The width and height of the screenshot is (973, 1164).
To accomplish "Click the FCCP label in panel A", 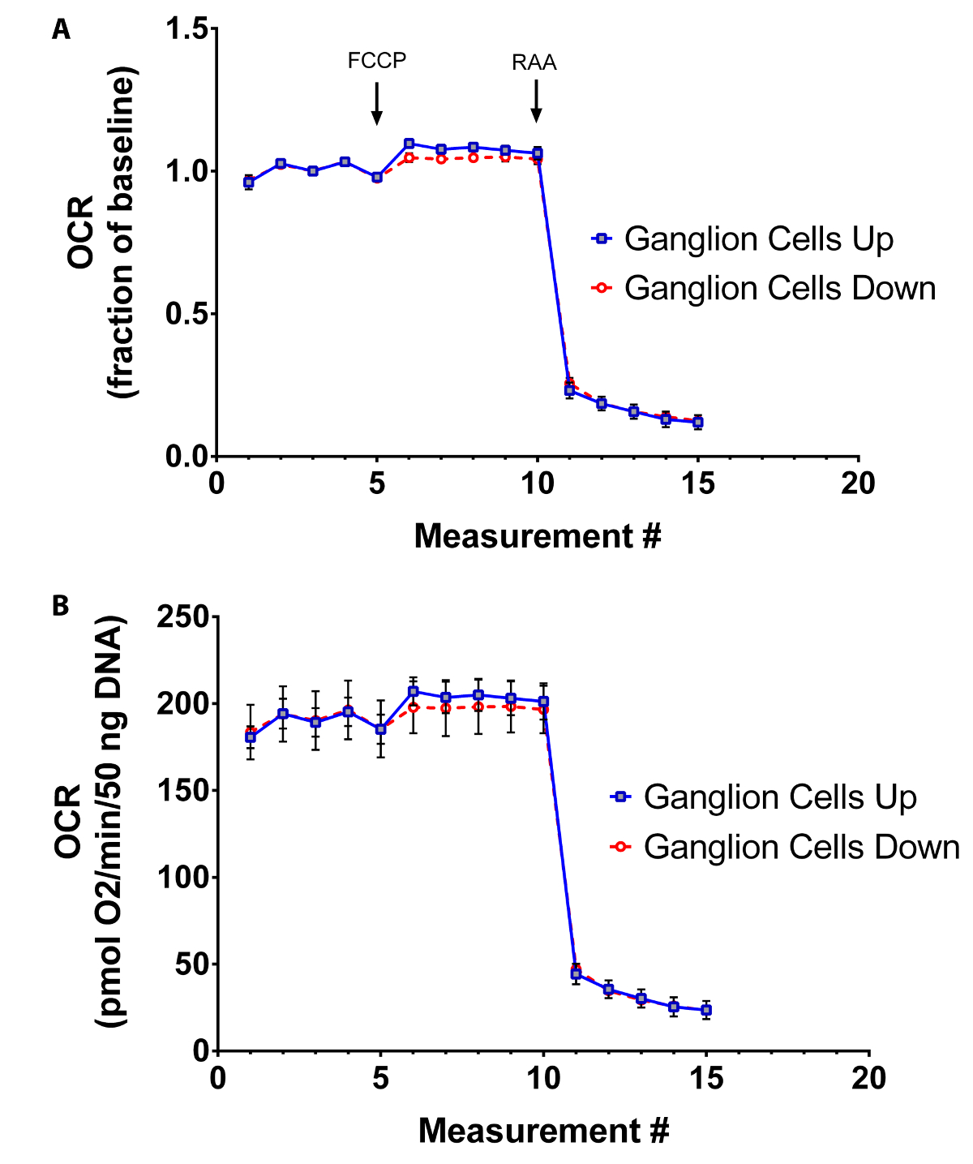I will (x=376, y=61).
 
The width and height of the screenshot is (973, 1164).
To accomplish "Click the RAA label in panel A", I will (x=534, y=63).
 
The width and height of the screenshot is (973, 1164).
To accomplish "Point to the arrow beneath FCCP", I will (x=376, y=103).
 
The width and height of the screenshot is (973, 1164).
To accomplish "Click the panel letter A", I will (x=61, y=30).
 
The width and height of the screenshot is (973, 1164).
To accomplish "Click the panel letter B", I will (x=61, y=606).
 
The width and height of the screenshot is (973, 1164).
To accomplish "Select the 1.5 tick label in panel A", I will (x=186, y=29).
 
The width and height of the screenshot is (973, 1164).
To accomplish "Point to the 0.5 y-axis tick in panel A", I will (x=186, y=315).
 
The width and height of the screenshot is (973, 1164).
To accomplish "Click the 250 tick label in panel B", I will (x=184, y=617).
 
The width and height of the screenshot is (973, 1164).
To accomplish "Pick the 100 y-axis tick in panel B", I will (x=184, y=878).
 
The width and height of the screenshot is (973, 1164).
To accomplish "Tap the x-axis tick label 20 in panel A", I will (x=858, y=484).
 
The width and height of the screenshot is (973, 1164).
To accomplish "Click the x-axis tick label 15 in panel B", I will (x=706, y=1079).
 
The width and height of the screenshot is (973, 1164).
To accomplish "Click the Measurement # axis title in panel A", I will (x=538, y=536).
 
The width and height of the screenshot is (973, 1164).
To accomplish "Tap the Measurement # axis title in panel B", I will (x=543, y=1130).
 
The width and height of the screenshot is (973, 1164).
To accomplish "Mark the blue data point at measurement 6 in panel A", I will (x=409, y=144).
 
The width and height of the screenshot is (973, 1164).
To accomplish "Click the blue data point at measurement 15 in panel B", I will (x=706, y=1010).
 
